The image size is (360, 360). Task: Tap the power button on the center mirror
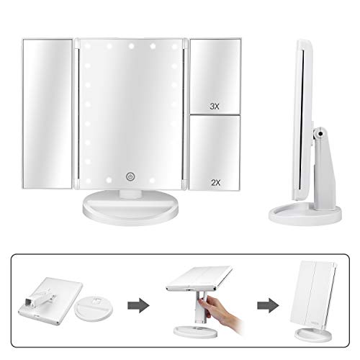(x=130, y=176)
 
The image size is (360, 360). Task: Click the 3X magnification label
(x=215, y=107)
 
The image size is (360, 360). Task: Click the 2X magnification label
(x=215, y=183)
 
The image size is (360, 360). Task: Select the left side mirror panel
(x=48, y=114)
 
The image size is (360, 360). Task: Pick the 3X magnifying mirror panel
(x=215, y=76)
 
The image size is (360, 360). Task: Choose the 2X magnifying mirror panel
(x=215, y=153)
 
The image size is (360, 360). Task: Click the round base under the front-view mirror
(x=130, y=207)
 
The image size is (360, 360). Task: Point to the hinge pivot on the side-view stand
(x=320, y=133)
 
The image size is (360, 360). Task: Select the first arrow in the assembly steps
(x=138, y=305)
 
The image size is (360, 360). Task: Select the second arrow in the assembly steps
(x=268, y=305)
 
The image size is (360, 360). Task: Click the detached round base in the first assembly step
(x=94, y=308)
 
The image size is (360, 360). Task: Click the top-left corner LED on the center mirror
(x=87, y=45)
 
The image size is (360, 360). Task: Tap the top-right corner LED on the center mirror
(x=174, y=46)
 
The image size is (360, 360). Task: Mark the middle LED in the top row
(x=131, y=46)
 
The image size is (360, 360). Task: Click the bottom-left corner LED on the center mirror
(x=87, y=180)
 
